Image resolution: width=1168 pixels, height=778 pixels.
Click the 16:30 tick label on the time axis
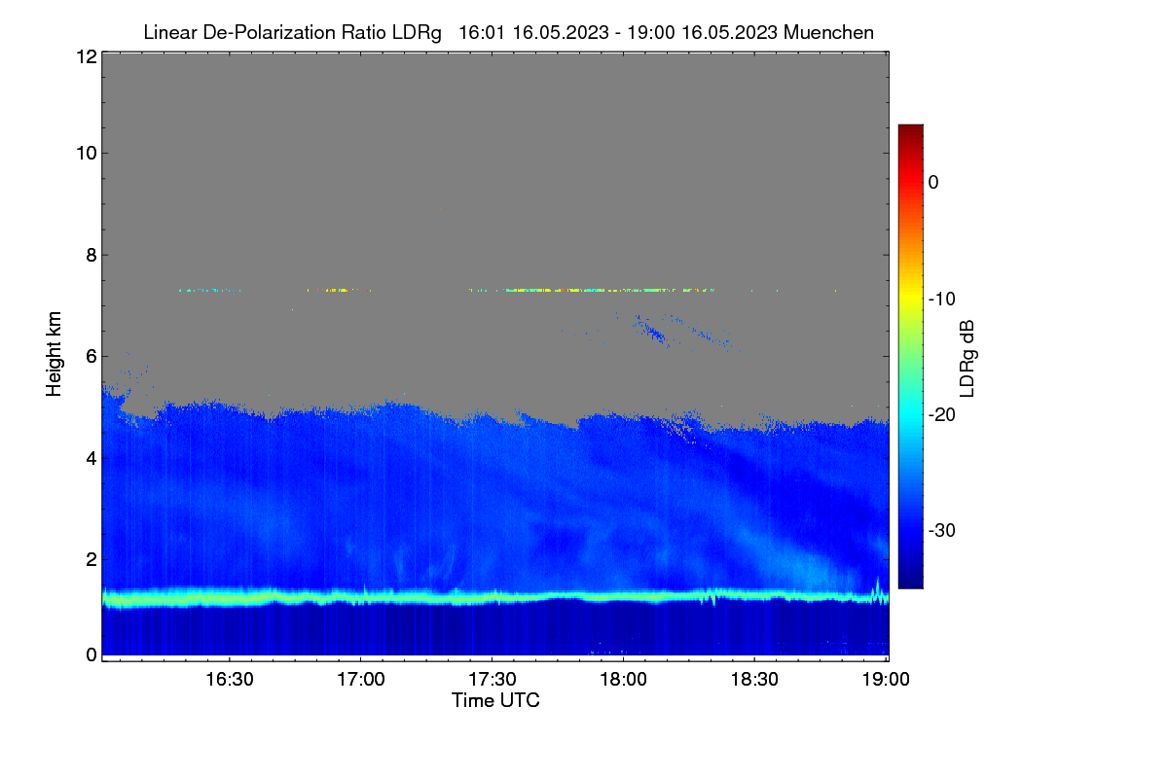point(230,680)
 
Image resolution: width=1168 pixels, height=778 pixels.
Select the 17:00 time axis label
point(361,680)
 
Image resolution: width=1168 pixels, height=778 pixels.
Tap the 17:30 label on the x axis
point(493,680)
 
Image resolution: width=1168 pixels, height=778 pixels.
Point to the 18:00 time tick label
point(623,680)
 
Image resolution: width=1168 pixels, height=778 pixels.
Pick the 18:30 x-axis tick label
point(754,680)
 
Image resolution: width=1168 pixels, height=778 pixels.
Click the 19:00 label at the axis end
point(886,680)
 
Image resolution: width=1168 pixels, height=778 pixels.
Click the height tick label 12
point(87,56)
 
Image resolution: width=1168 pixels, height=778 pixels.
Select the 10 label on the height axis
point(87,154)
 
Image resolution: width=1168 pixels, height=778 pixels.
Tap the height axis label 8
point(91,255)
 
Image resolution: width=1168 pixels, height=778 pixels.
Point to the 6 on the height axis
point(91,357)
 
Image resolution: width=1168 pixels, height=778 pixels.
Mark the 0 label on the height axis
point(91,655)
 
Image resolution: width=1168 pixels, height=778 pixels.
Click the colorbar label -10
point(942,300)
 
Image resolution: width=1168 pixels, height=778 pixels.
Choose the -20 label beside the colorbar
point(942,415)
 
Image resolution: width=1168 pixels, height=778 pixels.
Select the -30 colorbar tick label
point(942,530)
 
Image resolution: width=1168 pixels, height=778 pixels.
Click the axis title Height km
point(54,354)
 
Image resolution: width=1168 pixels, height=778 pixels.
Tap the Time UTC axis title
point(495,700)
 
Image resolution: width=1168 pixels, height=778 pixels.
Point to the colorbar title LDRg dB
point(967,359)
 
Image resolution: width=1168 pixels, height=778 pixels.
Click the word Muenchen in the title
point(828,32)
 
